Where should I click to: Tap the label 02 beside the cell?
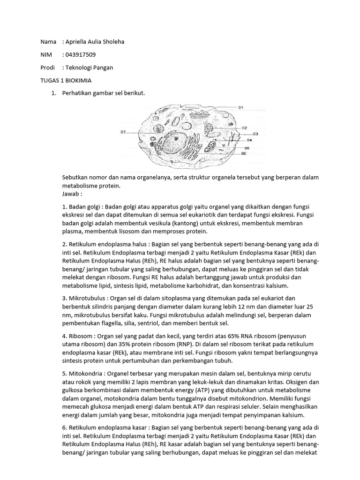click(244, 127)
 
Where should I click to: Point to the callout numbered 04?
click(249, 140)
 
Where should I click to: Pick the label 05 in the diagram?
click(247, 148)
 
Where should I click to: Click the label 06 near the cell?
click(244, 153)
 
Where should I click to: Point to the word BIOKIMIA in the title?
click(78, 80)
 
